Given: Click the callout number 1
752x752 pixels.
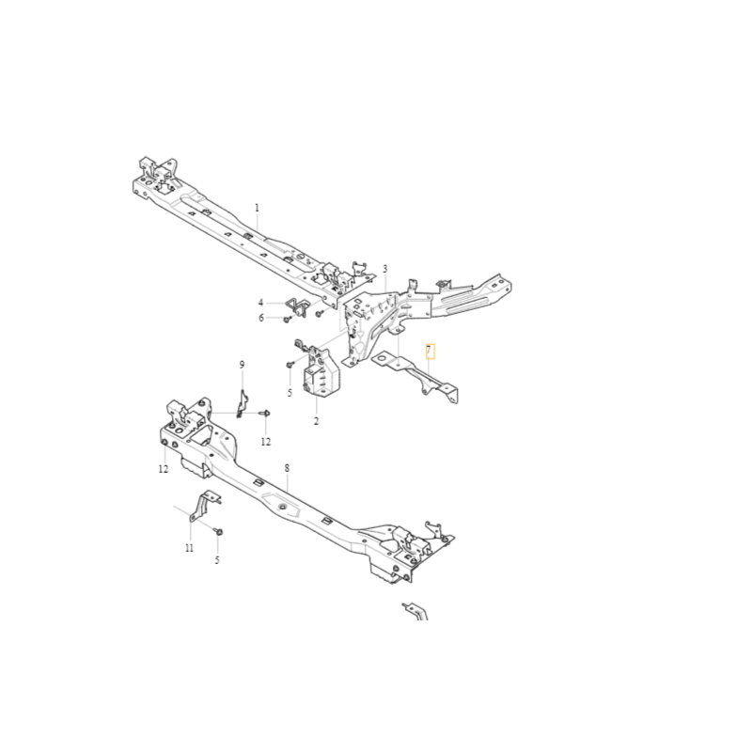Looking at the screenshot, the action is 257,208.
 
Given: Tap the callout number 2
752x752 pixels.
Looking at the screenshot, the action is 316,421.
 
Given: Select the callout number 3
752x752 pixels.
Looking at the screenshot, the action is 384,269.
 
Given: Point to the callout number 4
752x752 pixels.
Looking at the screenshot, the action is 261,303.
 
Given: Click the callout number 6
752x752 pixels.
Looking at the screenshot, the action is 261,318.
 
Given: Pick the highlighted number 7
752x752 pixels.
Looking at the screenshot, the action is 430,351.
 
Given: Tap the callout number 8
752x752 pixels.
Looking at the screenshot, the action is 287,467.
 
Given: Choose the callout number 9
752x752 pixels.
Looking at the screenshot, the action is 242,365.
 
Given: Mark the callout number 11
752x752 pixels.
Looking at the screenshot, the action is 190,548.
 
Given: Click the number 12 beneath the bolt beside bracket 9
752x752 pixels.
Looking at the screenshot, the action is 266,442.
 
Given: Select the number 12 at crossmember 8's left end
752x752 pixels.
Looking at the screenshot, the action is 164,468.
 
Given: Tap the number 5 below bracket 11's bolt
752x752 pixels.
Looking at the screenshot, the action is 217,559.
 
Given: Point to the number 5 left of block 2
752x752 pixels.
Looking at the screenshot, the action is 290,393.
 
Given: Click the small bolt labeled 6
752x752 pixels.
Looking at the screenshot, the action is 287,319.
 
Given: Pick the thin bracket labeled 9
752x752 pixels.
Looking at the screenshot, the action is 242,404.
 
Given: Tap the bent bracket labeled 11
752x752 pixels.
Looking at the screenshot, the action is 204,506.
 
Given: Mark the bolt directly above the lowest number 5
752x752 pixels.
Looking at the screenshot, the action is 219,531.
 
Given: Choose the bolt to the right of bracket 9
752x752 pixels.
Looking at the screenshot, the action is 265,413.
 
